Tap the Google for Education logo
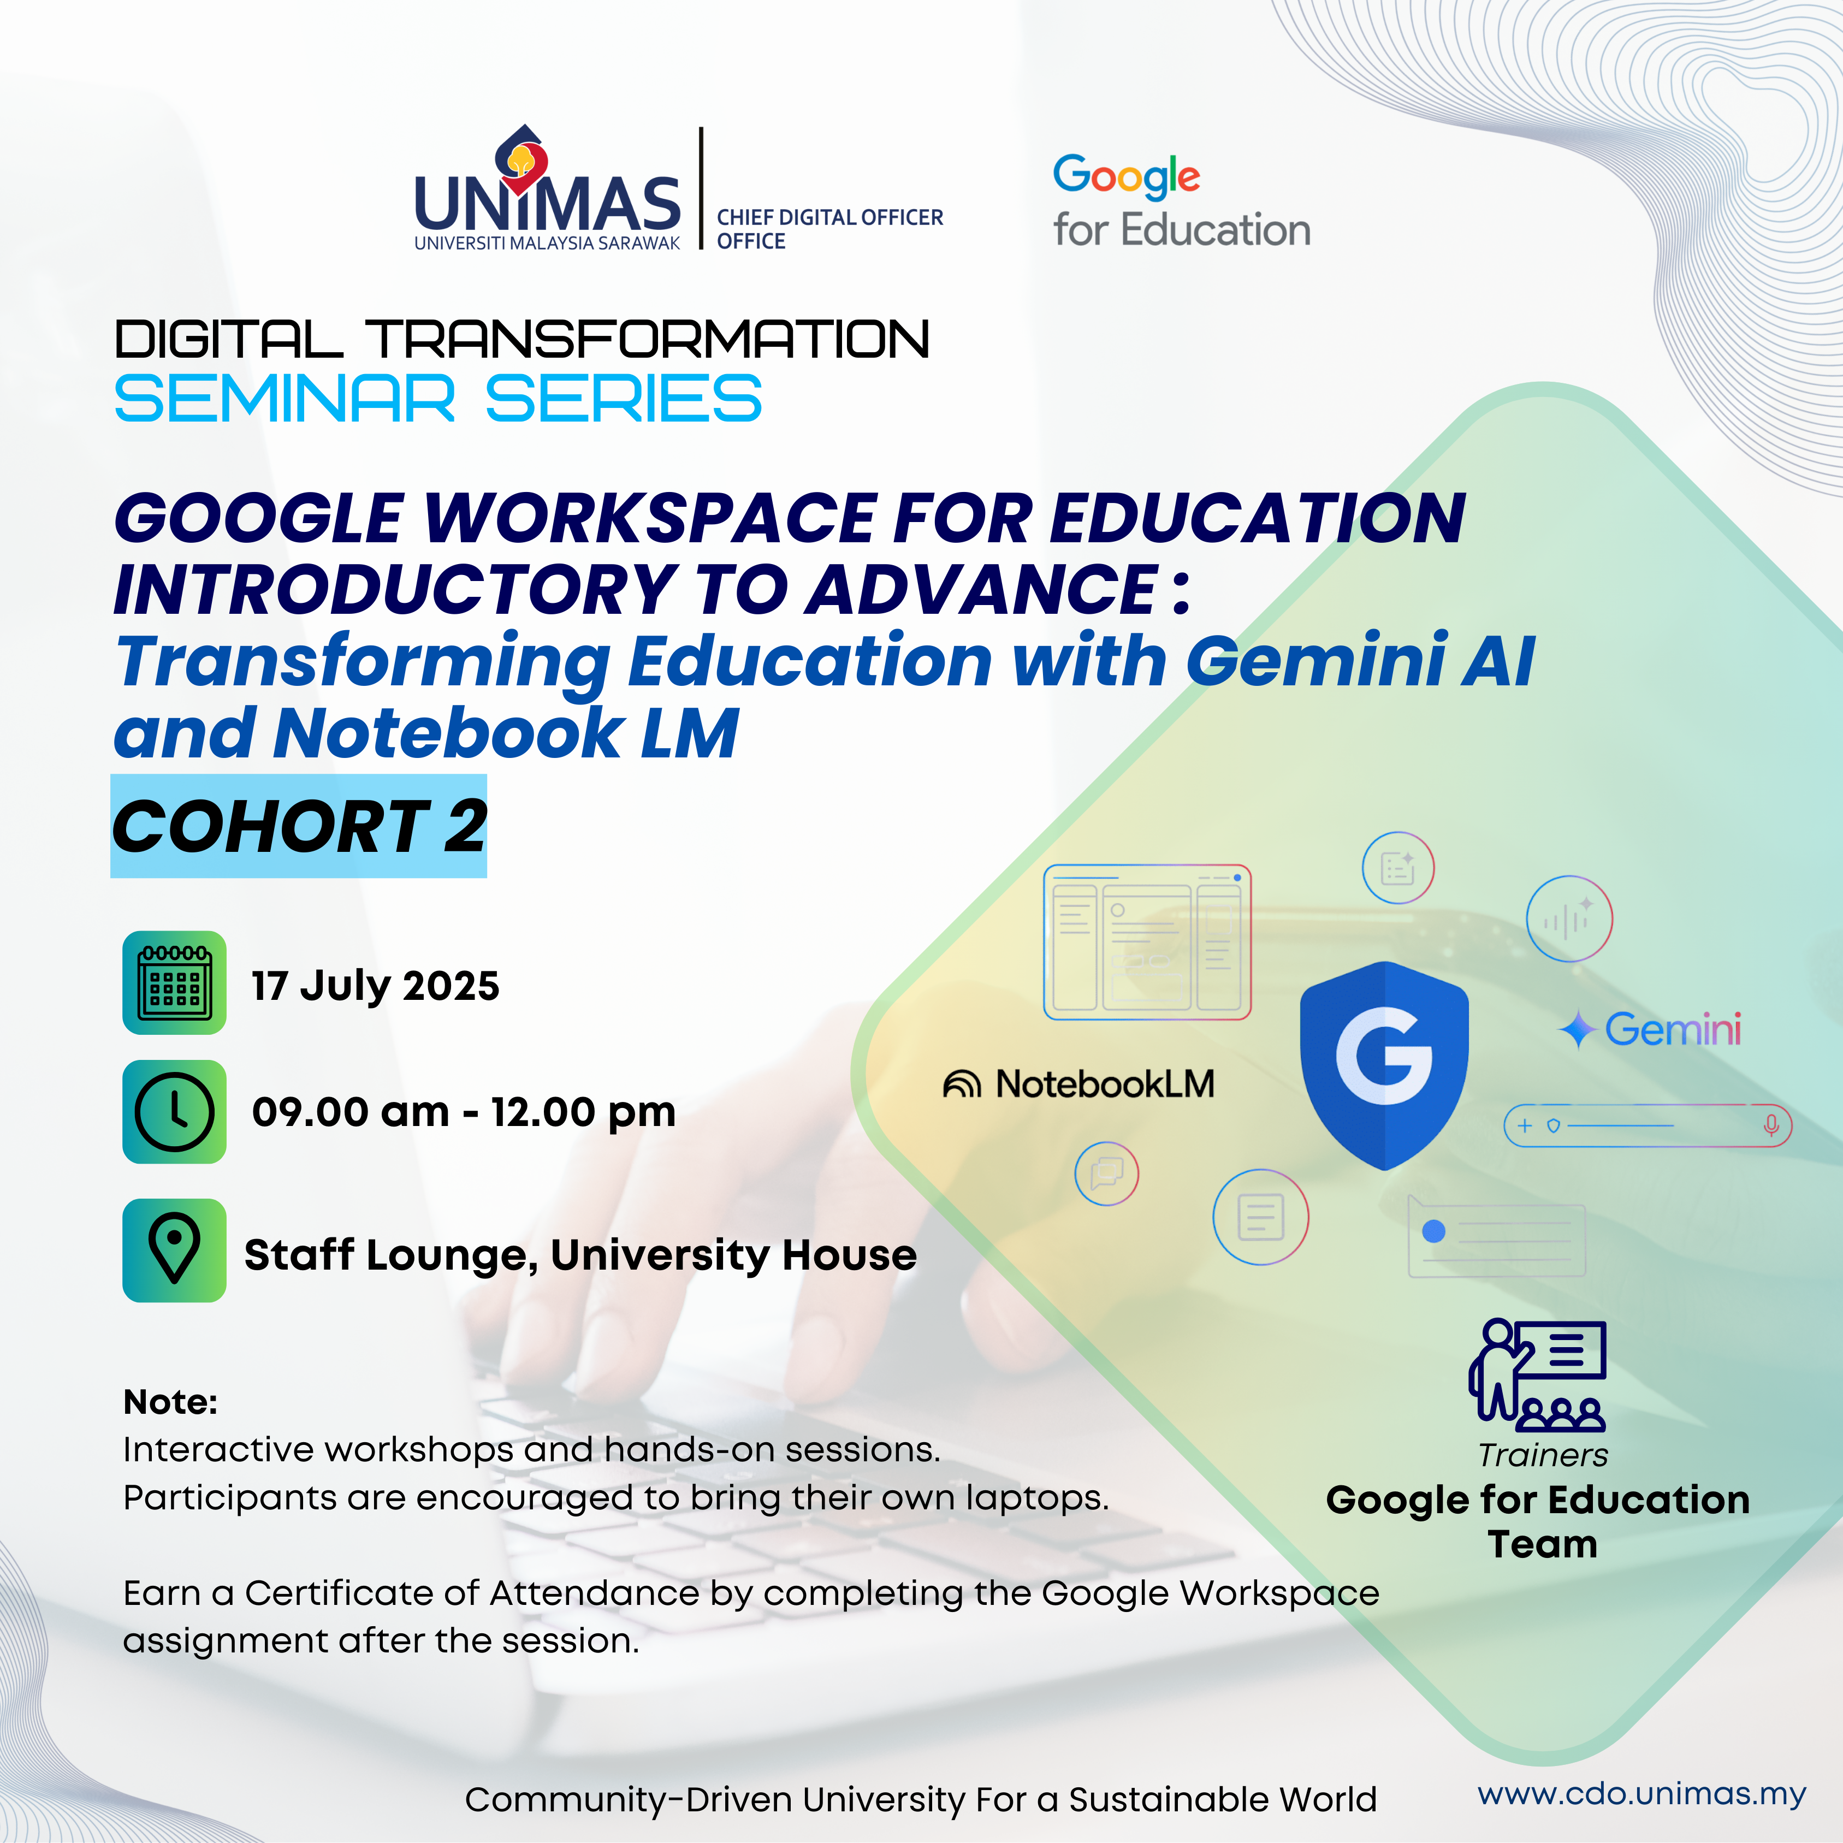[x=1181, y=202]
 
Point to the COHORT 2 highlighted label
[x=299, y=826]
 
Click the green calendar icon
[x=175, y=982]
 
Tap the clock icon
[x=175, y=1111]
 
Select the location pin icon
[x=175, y=1249]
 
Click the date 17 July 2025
[x=375, y=986]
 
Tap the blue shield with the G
[x=1384, y=1065]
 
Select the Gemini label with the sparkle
[x=1650, y=1029]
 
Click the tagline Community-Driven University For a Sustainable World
[x=921, y=1800]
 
